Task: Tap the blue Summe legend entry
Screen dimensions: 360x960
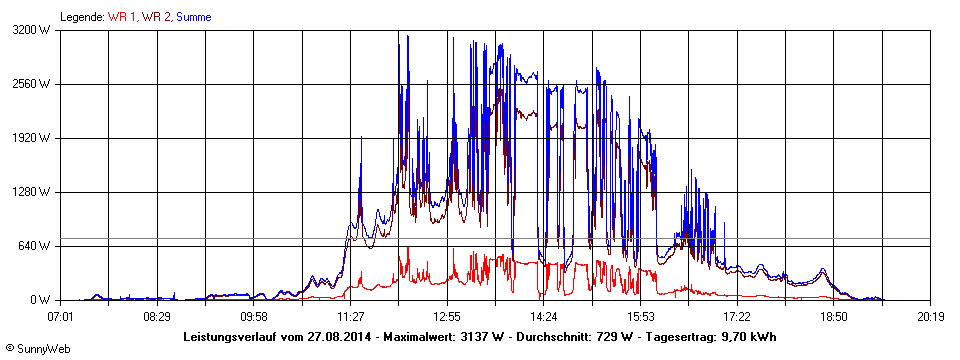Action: click(194, 17)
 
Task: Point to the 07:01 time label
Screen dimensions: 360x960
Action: click(61, 317)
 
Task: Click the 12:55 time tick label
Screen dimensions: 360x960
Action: click(447, 317)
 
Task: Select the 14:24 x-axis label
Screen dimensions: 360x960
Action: click(544, 317)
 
